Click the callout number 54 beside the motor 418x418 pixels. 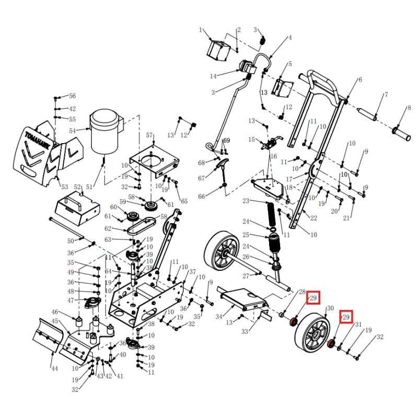click(72, 130)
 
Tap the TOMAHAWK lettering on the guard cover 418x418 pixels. click(38, 141)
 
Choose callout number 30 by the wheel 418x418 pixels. click(330, 308)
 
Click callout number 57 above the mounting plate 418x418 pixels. click(150, 135)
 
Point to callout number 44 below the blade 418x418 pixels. click(54, 368)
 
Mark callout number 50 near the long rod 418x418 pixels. click(71, 241)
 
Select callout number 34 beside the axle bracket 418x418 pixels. click(219, 317)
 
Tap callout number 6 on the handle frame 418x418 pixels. click(359, 80)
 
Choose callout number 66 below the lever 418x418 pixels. click(202, 196)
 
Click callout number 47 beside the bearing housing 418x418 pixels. click(71, 300)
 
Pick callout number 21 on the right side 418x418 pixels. click(345, 218)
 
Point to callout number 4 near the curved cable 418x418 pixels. click(289, 38)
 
